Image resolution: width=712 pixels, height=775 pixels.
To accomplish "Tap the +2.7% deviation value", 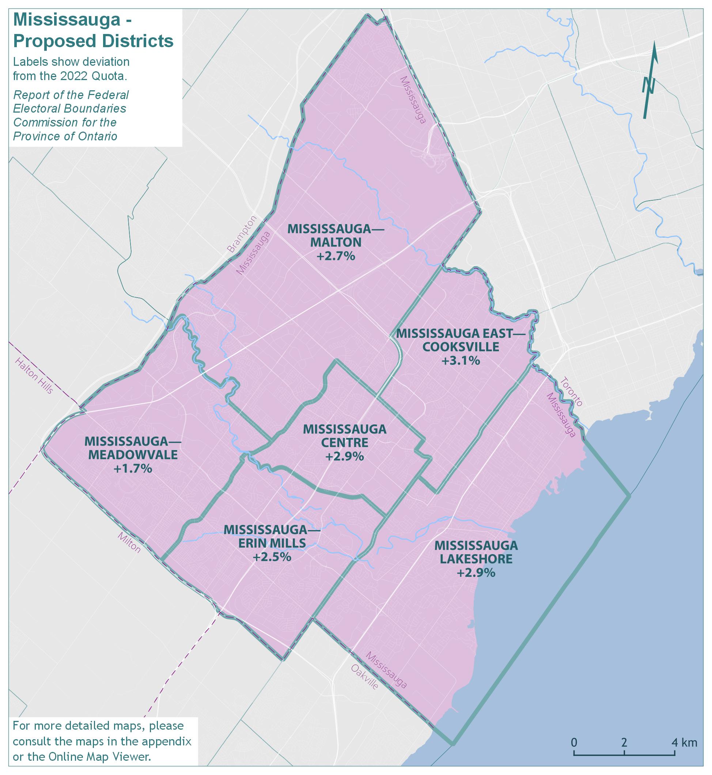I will pos(336,256).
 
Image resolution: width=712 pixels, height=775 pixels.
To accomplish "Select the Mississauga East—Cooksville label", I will pos(461,340).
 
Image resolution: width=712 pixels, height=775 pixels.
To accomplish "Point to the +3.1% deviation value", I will pos(461,361).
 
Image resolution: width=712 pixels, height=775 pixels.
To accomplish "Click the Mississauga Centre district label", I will pos(344,436).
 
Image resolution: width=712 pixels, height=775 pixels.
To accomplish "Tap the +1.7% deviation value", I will pos(133,469).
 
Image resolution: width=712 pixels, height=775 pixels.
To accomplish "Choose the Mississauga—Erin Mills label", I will pos(272,536).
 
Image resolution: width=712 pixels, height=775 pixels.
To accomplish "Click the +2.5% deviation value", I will pos(272,557).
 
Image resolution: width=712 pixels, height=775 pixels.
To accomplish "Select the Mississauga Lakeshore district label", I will pos(476,552).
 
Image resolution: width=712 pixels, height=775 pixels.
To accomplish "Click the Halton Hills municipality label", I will pos(34,375).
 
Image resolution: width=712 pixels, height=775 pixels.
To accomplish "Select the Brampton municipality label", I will pos(242,234).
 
